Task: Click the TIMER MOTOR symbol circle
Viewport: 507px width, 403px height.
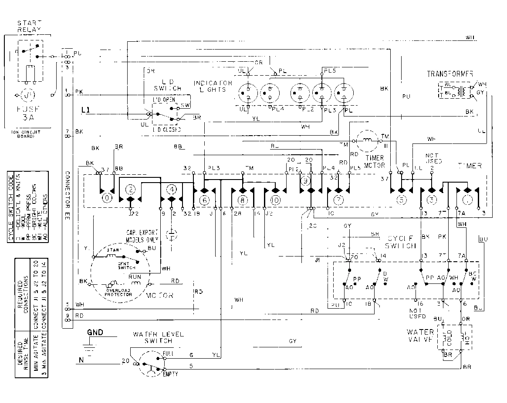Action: (367, 140)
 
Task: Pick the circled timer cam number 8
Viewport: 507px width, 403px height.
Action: (242, 200)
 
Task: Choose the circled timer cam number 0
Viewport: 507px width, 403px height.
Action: (106, 198)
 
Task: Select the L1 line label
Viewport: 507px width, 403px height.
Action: (86, 111)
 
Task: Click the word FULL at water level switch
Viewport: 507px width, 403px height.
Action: (169, 353)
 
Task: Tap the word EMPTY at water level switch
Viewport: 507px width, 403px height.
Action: (170, 374)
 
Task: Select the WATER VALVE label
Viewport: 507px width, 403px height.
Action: (420, 335)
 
